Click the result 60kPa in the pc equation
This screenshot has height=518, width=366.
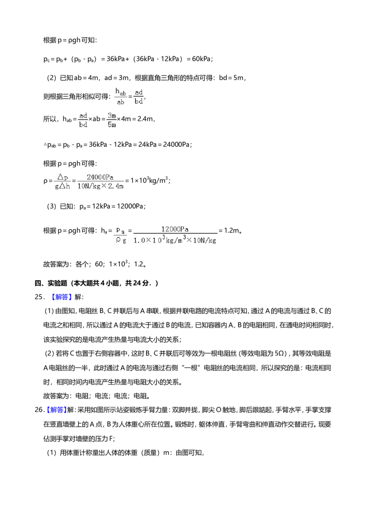click(x=201, y=59)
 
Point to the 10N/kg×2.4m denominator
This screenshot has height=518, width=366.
click(x=100, y=186)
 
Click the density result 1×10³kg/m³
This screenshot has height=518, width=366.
click(x=149, y=180)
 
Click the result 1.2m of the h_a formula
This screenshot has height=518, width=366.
click(x=232, y=231)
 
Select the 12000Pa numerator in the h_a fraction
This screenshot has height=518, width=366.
click(x=175, y=229)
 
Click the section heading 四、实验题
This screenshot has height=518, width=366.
click(x=51, y=283)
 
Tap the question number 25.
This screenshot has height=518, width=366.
click(x=38, y=297)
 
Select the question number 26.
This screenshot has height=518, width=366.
click(x=38, y=410)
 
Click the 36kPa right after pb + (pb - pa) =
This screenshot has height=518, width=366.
click(x=116, y=59)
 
